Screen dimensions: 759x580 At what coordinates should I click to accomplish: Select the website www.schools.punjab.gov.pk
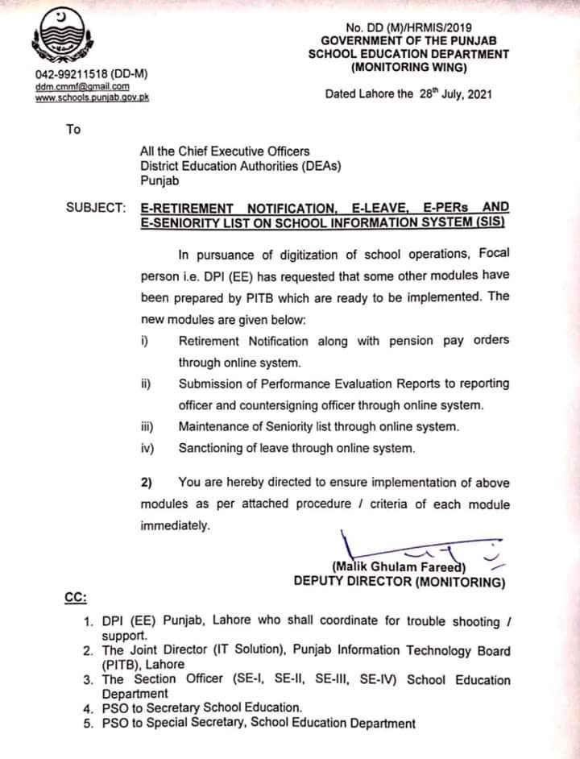[91, 97]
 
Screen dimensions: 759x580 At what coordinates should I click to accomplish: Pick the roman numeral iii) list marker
[146, 425]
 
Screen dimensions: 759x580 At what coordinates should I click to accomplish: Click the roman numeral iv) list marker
[146, 447]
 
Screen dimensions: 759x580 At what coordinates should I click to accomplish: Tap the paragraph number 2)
[146, 483]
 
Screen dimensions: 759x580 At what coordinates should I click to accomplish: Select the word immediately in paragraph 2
[175, 525]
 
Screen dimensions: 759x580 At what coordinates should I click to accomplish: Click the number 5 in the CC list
[89, 724]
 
